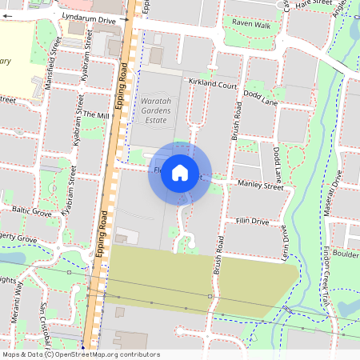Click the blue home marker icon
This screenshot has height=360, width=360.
tap(180, 173)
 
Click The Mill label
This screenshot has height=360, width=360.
tap(95, 116)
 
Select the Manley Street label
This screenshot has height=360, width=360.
tap(261, 190)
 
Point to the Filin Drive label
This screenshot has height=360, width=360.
tap(252, 221)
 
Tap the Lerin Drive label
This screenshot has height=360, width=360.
tap(285, 240)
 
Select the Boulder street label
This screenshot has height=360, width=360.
tap(346, 254)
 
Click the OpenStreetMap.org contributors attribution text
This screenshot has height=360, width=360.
tap(108, 354)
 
